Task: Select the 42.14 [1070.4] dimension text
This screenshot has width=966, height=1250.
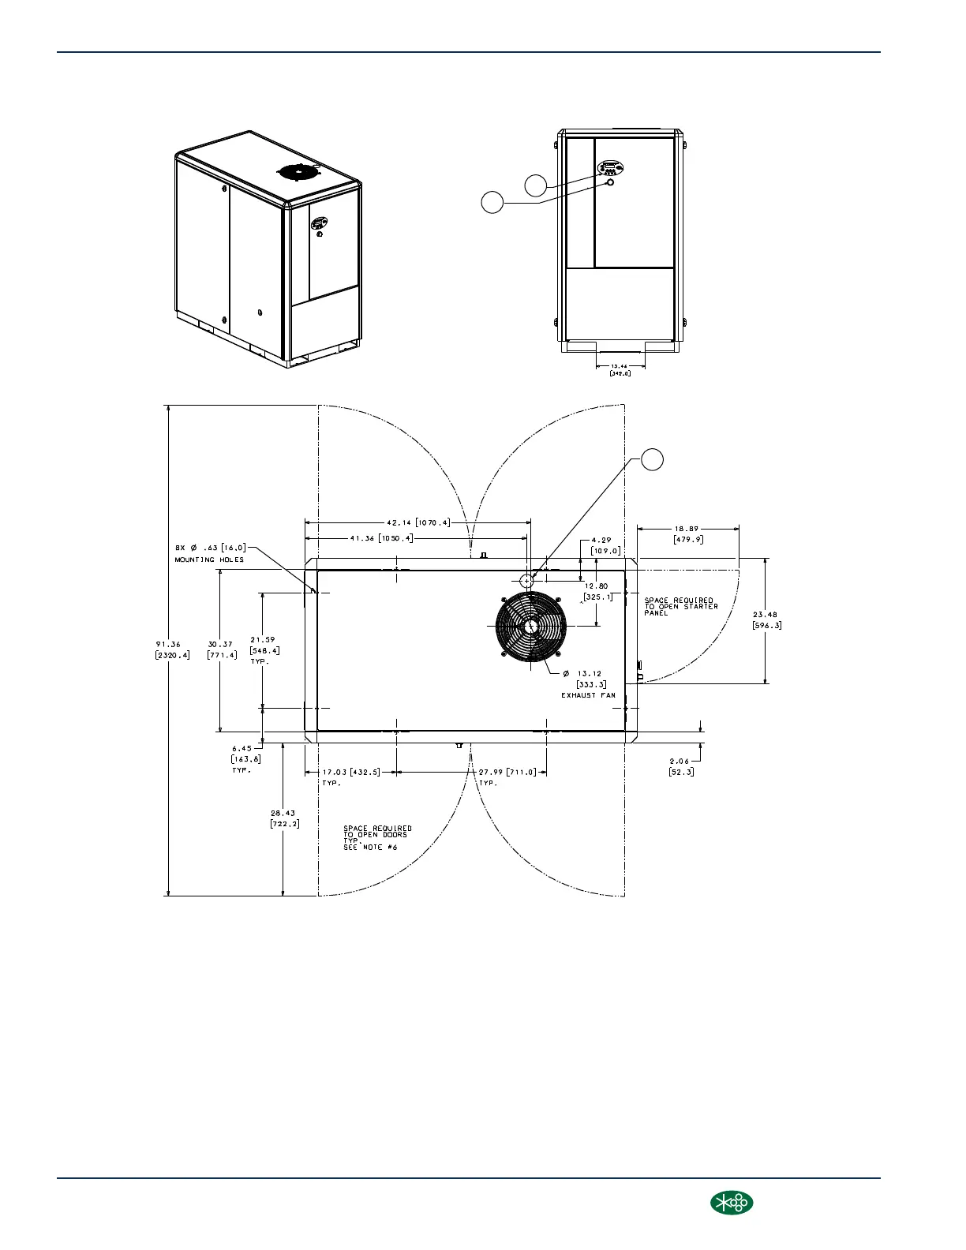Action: (417, 522)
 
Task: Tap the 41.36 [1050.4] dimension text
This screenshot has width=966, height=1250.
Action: (381, 538)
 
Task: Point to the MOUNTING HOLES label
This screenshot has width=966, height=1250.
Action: (209, 560)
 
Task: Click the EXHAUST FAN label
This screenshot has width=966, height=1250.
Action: (588, 695)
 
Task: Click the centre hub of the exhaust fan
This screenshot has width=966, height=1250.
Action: (530, 626)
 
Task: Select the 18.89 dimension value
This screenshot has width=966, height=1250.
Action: (687, 530)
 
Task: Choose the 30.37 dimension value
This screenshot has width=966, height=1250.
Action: (221, 644)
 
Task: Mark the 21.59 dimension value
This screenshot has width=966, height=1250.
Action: (263, 640)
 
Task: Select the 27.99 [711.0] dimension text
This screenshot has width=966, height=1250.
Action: (507, 772)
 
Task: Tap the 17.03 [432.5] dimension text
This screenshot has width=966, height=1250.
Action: (350, 772)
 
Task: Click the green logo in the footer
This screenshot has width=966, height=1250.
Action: (732, 1203)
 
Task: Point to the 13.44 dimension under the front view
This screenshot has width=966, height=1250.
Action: (620, 366)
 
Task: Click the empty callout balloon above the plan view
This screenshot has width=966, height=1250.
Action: (651, 459)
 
